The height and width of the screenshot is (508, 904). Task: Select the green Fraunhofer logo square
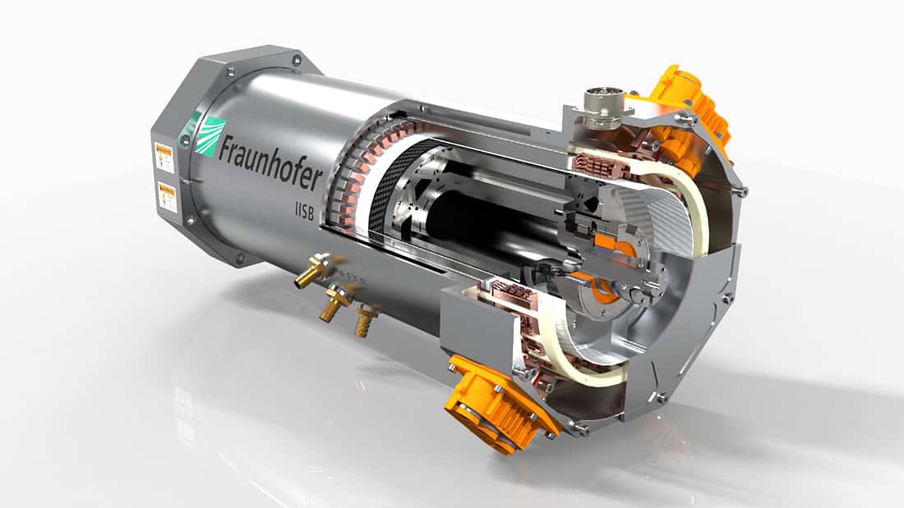pos(210,136)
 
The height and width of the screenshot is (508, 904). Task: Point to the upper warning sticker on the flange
pos(164,155)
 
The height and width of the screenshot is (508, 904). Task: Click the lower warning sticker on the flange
pos(168,198)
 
